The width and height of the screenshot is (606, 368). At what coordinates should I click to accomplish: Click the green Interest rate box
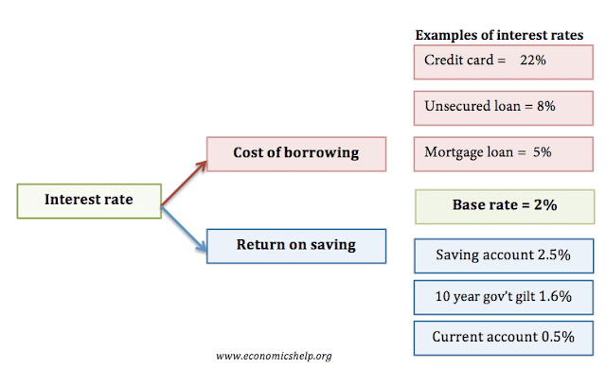(90, 201)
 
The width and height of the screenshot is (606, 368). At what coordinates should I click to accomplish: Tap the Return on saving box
(296, 246)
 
